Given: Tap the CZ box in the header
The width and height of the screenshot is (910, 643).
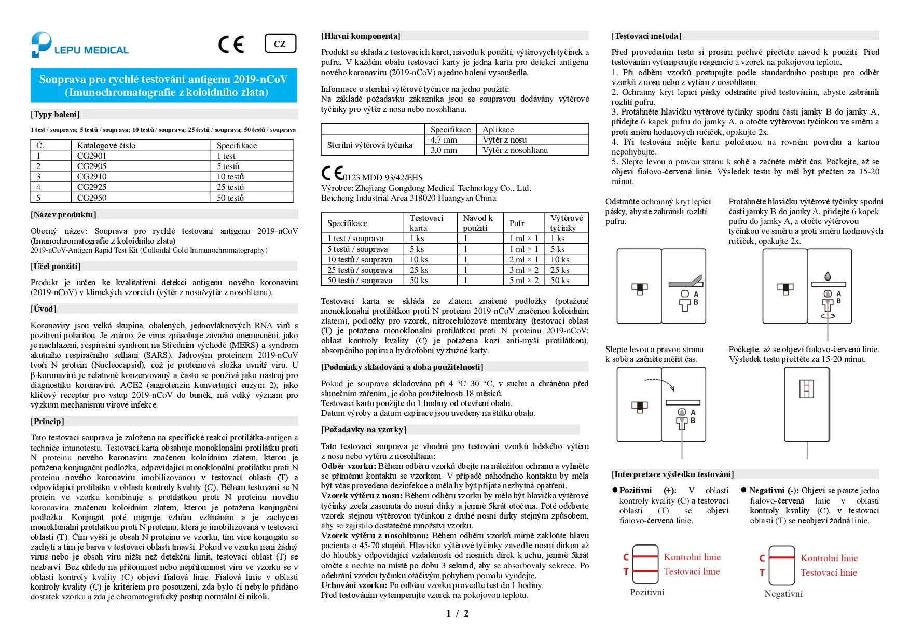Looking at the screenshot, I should [x=280, y=44].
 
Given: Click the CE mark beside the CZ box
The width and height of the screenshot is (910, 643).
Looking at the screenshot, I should [x=231, y=45].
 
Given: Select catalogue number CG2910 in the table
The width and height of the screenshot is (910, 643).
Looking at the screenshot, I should [x=92, y=176].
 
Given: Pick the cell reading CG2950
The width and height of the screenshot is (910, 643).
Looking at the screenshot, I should [x=92, y=198].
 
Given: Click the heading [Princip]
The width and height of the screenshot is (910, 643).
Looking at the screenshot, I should [x=48, y=421].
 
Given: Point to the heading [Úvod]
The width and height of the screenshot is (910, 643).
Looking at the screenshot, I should [x=44, y=309].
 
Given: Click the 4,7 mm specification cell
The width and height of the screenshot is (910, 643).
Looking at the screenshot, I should [x=444, y=140].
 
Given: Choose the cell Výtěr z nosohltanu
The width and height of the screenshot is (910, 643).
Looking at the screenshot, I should [x=515, y=150].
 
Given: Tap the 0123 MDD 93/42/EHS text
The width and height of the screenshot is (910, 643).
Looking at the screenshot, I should [x=382, y=177].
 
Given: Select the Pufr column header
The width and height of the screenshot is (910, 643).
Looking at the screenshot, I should [x=517, y=223].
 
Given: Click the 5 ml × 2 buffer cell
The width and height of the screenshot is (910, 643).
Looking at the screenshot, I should [x=523, y=281].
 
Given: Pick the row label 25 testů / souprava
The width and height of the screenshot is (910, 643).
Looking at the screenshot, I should [x=360, y=270].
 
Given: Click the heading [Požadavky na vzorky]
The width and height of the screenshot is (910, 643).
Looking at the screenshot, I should [x=364, y=429].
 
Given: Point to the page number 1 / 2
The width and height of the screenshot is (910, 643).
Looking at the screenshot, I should [x=457, y=613].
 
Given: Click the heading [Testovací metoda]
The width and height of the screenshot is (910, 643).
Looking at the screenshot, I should [x=646, y=36].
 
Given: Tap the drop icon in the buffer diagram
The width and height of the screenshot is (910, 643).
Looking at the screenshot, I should [x=828, y=276].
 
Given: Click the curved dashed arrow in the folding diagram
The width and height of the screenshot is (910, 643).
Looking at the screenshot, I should [x=659, y=383].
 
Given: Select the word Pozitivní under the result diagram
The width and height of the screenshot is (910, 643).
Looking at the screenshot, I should [x=646, y=592].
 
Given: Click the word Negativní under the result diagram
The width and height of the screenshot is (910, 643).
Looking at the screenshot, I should [x=783, y=594].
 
